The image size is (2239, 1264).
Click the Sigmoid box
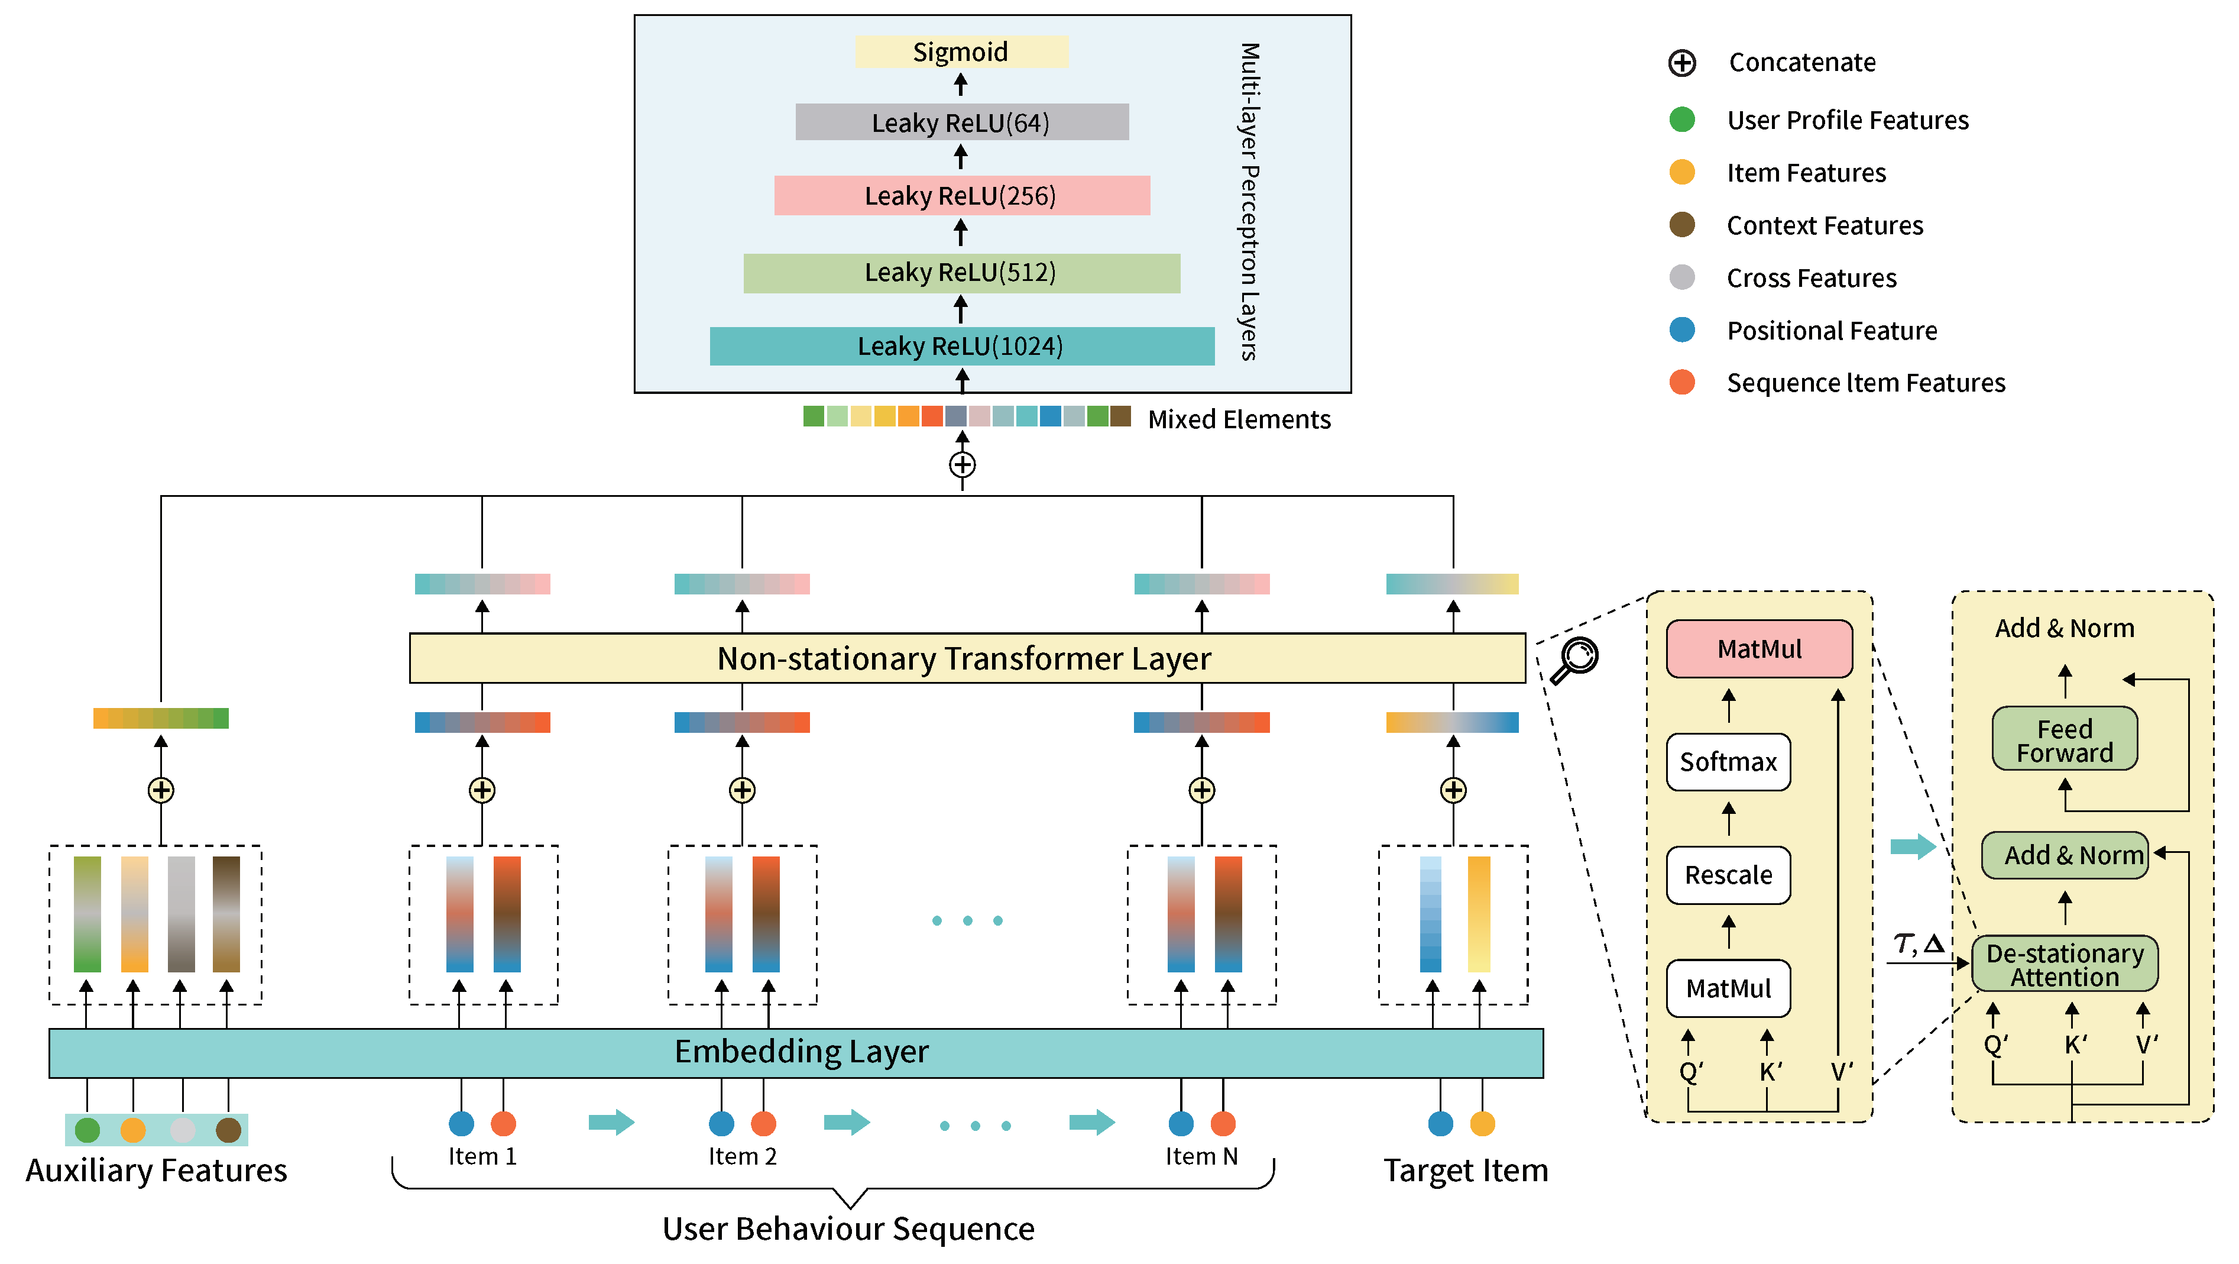click(960, 52)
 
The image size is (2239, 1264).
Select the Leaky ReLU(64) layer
click(961, 122)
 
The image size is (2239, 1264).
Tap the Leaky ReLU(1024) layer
click(961, 346)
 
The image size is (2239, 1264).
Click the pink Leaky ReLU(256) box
click(961, 196)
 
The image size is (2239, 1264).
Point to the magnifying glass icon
click(1575, 660)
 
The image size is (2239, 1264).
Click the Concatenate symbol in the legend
click(1682, 63)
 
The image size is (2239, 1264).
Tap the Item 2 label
click(741, 1156)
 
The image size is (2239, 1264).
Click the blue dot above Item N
click(1180, 1123)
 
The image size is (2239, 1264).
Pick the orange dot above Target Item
click(1482, 1123)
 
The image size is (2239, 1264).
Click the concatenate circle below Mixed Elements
click(961, 464)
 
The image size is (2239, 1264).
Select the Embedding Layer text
click(801, 1052)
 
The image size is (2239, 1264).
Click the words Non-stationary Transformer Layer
click(963, 658)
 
